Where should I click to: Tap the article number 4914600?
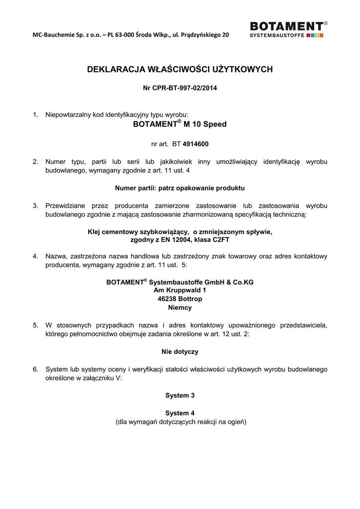coord(196,144)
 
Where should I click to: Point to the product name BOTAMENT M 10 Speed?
coord(180,124)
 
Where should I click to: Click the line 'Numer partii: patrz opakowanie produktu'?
coord(180,188)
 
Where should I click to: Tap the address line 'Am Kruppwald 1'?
coord(180,290)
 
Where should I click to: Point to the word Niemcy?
coord(180,308)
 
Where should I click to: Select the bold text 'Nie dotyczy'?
coord(180,351)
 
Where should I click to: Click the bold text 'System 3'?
coord(180,395)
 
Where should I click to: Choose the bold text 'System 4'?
coord(180,413)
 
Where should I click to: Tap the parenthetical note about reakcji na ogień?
coord(180,422)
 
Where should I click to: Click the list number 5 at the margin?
coord(35,325)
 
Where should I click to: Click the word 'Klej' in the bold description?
coord(94,231)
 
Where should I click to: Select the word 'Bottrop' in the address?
coord(189,299)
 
